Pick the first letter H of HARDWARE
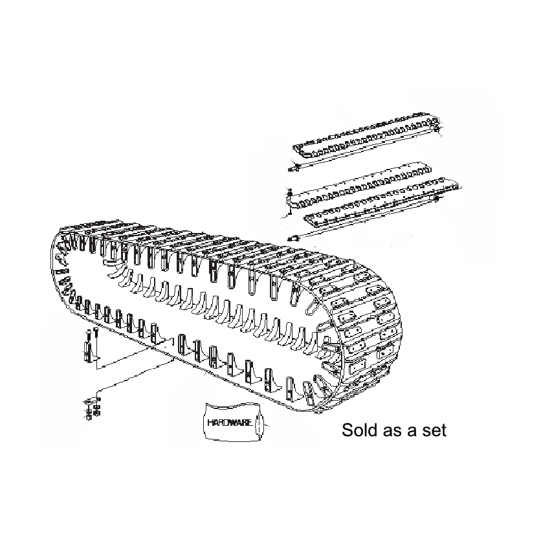coord(210,422)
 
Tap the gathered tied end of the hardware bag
coord(261,426)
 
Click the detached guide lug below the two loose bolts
coord(89,351)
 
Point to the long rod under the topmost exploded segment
coord(362,156)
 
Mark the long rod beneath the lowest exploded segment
coord(362,223)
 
